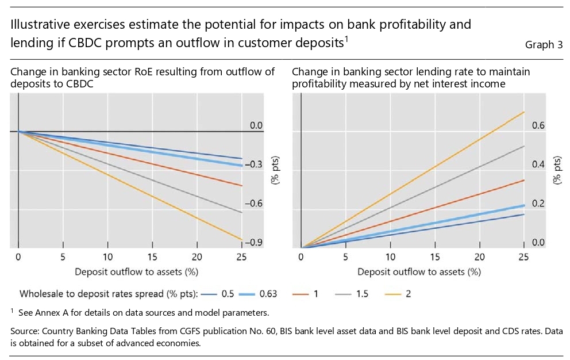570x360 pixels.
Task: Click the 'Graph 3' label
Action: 544,45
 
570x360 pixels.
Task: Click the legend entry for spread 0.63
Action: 256,294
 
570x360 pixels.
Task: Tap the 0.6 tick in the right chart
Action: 537,125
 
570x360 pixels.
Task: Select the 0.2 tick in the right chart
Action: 537,204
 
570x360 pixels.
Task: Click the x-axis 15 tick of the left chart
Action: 152,256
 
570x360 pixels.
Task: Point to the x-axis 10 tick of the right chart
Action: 391,256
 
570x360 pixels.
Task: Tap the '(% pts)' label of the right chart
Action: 557,170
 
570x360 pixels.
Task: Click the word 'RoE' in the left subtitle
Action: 137,72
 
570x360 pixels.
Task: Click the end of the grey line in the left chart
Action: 242,212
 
